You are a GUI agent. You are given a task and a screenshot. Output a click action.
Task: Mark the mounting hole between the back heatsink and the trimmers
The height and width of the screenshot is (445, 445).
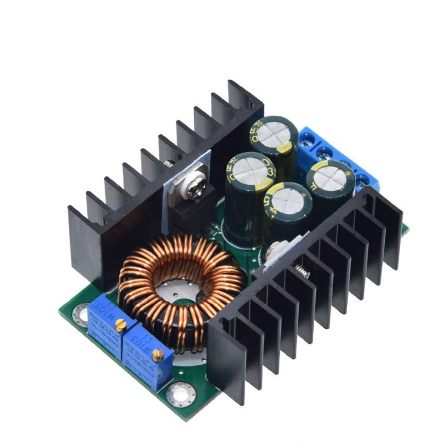[82, 315]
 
